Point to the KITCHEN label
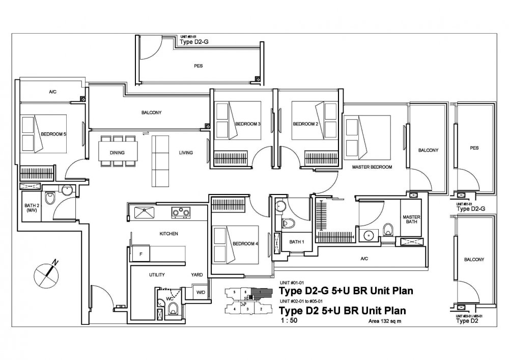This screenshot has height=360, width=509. coord(168,234)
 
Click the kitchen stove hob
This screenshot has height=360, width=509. coord(181,211)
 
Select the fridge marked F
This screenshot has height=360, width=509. coord(140,253)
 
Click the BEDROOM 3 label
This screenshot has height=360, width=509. coord(248,124)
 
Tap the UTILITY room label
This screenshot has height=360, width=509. coord(157,275)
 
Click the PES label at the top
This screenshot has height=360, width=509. coord(199,66)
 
